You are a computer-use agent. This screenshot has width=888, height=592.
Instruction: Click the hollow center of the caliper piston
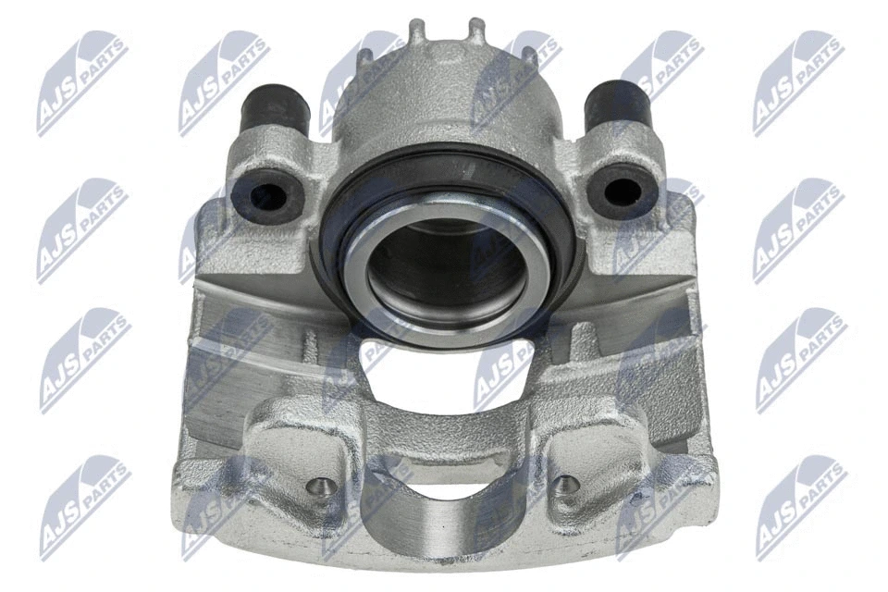coord(446,268)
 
